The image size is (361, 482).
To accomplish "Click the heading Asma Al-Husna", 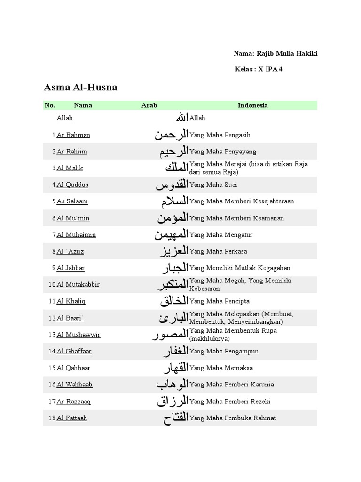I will [x=80, y=87].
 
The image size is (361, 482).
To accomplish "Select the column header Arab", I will [x=149, y=105].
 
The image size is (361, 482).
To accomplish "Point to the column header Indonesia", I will [x=252, y=105].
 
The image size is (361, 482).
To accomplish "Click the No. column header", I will [x=50, y=105].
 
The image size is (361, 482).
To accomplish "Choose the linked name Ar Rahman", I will [x=73, y=135].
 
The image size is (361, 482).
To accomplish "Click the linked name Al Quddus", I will [x=72, y=185].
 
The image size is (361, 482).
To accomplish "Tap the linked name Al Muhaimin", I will [x=76, y=235].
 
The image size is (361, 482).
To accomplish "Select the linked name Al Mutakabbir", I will [x=78, y=285].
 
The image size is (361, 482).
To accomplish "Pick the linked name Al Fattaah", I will [x=72, y=418].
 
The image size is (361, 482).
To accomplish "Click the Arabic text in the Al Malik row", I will [x=176, y=168].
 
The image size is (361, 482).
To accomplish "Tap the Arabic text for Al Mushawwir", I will [x=170, y=335].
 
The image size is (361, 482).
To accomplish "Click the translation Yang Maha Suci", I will [x=213, y=185].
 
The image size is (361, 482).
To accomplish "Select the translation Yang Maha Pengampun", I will [x=224, y=352].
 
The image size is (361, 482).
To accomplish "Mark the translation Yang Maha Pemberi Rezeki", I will [x=230, y=402].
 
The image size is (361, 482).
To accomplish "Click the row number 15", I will [x=52, y=368].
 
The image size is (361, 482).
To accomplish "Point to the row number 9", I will [x=54, y=268].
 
